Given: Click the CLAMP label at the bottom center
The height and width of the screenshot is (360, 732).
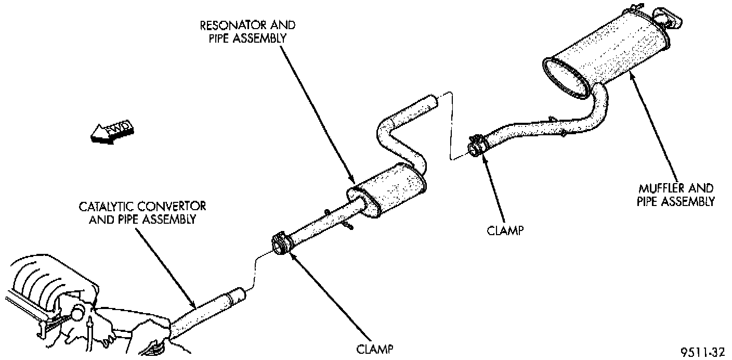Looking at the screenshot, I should pyautogui.click(x=374, y=348).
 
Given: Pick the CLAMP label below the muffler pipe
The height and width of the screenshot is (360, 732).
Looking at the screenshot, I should pyautogui.click(x=504, y=229).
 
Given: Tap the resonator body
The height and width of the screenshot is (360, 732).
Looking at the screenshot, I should pyautogui.click(x=390, y=190).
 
